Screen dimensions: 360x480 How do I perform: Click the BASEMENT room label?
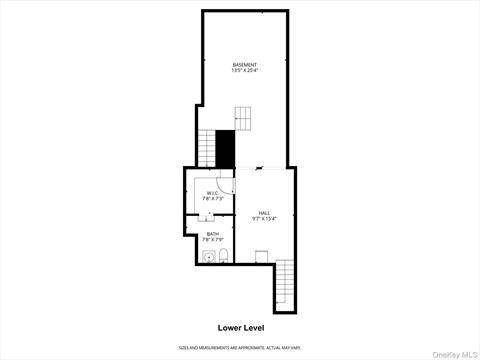245,65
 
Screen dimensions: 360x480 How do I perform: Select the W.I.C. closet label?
213,193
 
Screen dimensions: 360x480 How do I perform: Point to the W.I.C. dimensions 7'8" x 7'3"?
213,200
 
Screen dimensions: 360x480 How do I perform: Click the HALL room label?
264,212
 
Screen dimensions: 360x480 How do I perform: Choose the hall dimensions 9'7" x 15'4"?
264,219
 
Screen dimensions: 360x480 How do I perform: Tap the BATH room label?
213,234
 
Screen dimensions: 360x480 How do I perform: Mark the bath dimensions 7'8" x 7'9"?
213,241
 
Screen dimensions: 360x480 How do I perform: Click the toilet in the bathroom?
224,257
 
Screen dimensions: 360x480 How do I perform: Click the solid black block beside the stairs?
226,150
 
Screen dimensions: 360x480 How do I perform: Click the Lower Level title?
240,326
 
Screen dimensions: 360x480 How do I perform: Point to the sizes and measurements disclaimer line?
240,347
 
